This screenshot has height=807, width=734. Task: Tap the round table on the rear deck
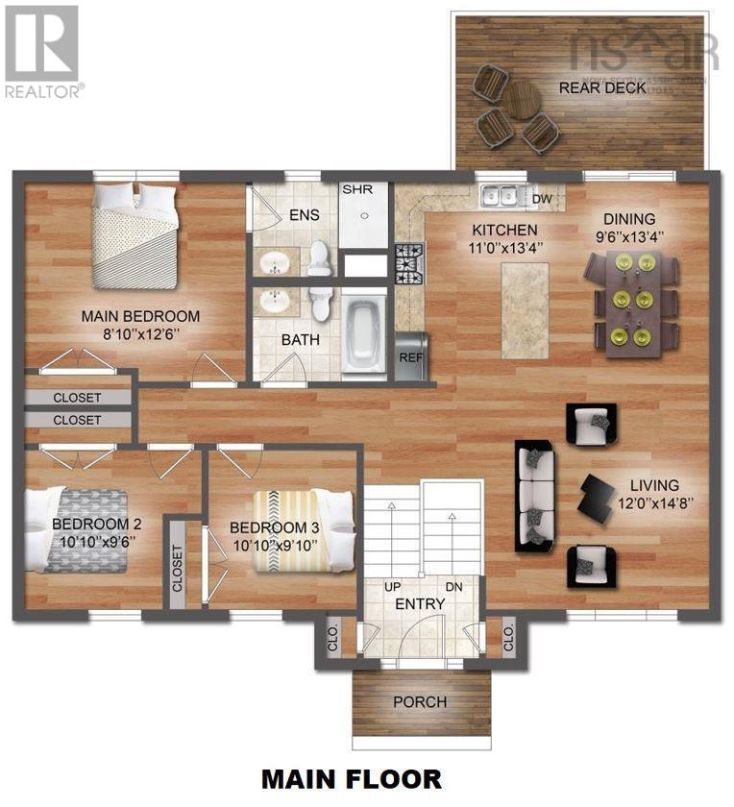pyautogui.click(x=523, y=99)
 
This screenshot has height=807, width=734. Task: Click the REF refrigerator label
pyautogui.click(x=411, y=356)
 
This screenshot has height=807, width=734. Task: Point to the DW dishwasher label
pyautogui.click(x=542, y=198)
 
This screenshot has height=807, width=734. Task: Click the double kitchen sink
pyautogui.click(x=501, y=196)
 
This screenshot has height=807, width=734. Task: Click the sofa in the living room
pyautogui.click(x=534, y=495)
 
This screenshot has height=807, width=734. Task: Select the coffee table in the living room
pyautogui.click(x=598, y=496)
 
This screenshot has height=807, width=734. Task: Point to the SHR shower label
pyautogui.click(x=355, y=189)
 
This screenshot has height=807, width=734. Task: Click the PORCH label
pyautogui.click(x=420, y=701)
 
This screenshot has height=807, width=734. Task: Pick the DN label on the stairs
pyautogui.click(x=455, y=587)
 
